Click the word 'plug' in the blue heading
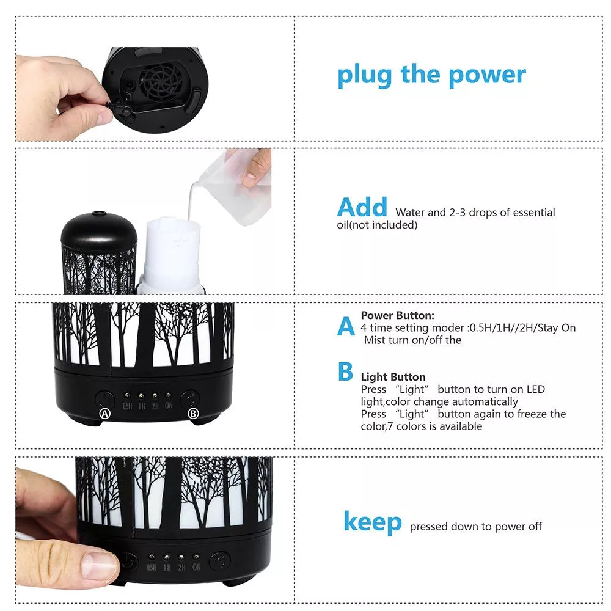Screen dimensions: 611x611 [x=364, y=76]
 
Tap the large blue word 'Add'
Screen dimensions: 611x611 [x=362, y=207]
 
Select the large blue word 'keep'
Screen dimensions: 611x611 [x=373, y=522]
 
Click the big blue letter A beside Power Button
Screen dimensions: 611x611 [x=346, y=326]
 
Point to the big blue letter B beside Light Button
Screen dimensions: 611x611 [x=346, y=371]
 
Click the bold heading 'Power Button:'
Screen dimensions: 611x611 [x=398, y=315]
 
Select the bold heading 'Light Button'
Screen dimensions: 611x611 [x=393, y=377]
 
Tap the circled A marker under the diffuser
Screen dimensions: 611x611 [x=105, y=414]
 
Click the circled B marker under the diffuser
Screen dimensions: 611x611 [x=193, y=414]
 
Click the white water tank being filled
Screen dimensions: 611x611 [x=172, y=254]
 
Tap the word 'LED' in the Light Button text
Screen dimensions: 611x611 [x=536, y=389]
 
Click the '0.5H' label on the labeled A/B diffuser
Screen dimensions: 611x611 [x=128, y=406]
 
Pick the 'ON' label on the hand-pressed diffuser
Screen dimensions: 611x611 [x=196, y=567]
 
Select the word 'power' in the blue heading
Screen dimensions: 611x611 [x=487, y=76]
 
